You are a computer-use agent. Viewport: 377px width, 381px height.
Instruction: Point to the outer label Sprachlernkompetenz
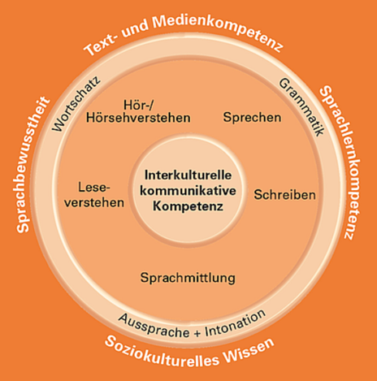(x=342, y=162)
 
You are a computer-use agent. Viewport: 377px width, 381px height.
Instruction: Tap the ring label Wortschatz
(x=76, y=104)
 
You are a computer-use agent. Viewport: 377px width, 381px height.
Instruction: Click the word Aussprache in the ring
(x=154, y=326)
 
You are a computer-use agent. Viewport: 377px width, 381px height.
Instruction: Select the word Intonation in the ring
(x=235, y=323)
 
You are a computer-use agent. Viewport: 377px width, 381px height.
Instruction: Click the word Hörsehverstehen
(x=138, y=118)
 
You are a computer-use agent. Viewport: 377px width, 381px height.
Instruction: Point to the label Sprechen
(x=252, y=118)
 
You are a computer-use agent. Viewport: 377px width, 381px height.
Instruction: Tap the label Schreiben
(x=284, y=195)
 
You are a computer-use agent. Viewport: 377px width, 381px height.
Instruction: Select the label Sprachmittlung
(x=188, y=278)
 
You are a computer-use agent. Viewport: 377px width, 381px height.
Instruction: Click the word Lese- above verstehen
(x=94, y=188)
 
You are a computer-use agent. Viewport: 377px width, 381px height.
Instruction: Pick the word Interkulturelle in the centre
(x=188, y=175)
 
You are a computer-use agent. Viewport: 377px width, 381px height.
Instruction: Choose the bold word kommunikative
(x=188, y=191)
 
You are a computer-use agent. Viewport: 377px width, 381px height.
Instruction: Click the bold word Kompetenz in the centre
(x=188, y=206)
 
